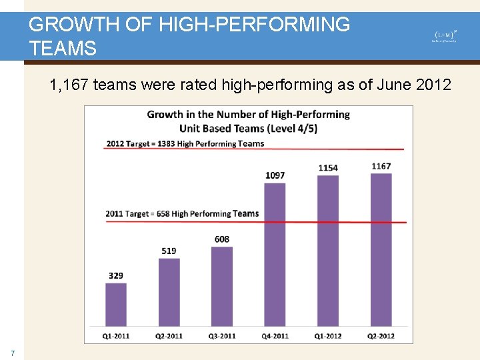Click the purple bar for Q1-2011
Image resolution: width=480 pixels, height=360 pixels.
[116, 305]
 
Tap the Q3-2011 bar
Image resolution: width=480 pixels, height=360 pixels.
[222, 287]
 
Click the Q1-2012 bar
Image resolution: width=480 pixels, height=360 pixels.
[328, 251]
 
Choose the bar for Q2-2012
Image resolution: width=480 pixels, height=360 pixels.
[381, 250]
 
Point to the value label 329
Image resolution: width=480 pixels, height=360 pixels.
[115, 275]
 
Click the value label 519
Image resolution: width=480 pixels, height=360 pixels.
[169, 251]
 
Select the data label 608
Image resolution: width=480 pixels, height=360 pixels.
[222, 239]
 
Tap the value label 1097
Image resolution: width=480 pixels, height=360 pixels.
[275, 175]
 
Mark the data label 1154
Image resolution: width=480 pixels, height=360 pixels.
[328, 168]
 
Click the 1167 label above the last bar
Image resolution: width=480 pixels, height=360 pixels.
[381, 166]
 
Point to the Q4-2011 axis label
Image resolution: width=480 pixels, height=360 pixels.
[275, 336]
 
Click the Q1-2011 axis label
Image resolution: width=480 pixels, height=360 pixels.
[115, 336]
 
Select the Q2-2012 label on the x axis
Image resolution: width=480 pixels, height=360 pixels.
[381, 336]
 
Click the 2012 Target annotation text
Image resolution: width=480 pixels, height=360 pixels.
[185, 143]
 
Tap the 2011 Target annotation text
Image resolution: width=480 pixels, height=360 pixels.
[182, 213]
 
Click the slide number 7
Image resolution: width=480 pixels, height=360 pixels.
[11, 353]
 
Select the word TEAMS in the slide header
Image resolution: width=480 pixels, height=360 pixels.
[63, 48]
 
